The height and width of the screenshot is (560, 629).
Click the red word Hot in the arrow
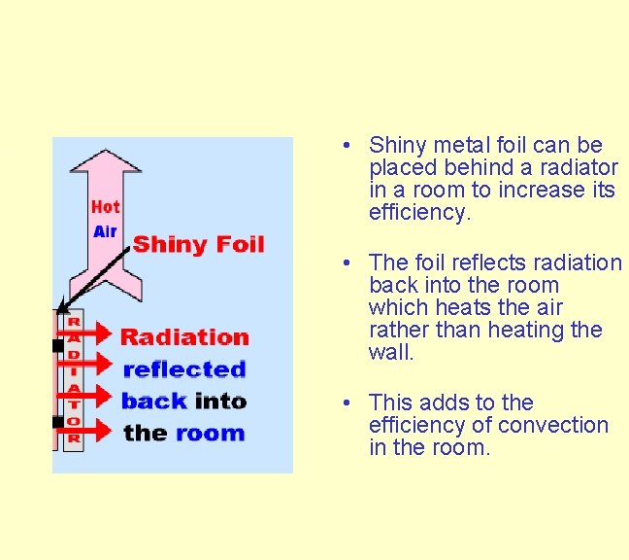tap(105, 207)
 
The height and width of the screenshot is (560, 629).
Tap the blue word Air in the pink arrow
tap(105, 231)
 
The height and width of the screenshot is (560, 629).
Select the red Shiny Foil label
tap(198, 243)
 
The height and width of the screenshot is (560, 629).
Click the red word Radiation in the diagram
tap(184, 337)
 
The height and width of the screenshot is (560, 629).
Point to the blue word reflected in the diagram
tap(184, 369)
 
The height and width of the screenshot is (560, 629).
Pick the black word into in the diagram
tap(220, 401)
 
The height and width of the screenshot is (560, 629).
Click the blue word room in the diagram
tap(210, 433)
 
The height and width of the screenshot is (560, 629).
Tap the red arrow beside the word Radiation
tap(91, 333)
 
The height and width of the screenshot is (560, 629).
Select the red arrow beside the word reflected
tap(91, 365)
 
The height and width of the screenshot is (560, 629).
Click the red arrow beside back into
tap(91, 396)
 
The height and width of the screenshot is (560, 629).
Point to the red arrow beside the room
tap(91, 428)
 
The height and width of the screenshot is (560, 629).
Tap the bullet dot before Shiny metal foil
tap(346, 146)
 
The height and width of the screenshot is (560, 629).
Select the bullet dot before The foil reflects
tap(346, 263)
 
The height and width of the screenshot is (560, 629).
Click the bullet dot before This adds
tap(346, 403)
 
